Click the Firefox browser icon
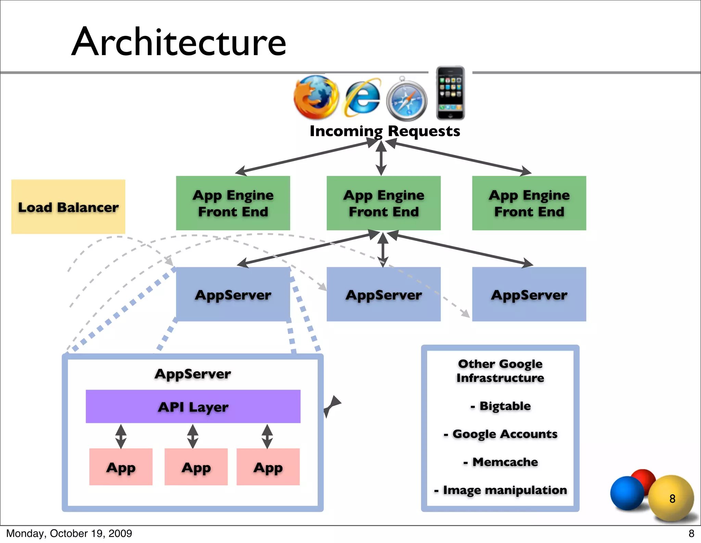(316, 97)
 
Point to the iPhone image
(450, 93)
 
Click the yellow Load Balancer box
(68, 207)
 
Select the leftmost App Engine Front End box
(233, 203)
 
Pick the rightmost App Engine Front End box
(529, 203)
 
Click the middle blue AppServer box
(383, 294)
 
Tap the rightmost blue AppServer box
(529, 294)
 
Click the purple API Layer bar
(193, 406)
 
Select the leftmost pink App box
(121, 467)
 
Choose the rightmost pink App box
(268, 467)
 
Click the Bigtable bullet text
(501, 406)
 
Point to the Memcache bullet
(501, 462)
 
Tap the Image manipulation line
(501, 490)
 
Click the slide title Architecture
(179, 42)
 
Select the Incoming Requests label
(385, 131)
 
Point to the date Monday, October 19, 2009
(69, 533)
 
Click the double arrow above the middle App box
(193, 436)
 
